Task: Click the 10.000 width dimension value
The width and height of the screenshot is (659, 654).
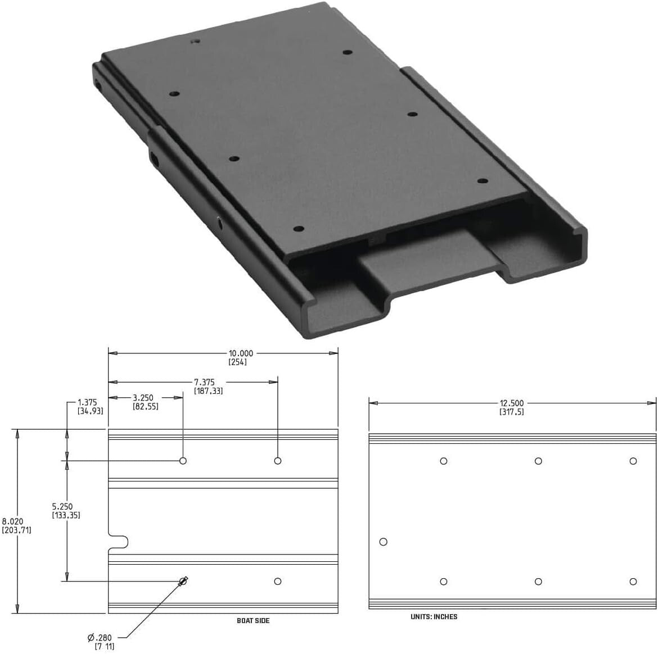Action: [x=241, y=353]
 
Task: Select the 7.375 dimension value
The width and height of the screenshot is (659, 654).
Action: [x=204, y=382]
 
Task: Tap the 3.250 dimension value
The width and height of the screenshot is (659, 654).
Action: [x=143, y=398]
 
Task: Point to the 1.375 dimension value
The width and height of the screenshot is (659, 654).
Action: [x=87, y=402]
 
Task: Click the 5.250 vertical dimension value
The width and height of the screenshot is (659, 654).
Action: [x=62, y=506]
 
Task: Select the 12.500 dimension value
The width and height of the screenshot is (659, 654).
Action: [x=512, y=403]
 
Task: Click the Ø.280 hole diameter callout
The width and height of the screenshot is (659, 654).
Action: [x=100, y=637]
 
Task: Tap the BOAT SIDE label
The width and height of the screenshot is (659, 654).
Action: [x=253, y=620]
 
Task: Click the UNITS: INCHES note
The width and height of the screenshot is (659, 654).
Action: [x=434, y=616]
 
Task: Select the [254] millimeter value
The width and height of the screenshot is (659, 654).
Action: [x=237, y=362]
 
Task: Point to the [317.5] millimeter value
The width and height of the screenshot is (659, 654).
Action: [x=512, y=412]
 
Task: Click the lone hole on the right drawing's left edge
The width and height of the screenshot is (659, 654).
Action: [x=383, y=542]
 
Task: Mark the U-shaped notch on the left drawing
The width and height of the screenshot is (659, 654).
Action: [x=119, y=542]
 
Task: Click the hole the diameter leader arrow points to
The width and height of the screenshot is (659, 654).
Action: [x=183, y=581]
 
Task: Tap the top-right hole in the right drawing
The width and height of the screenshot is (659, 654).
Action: [x=633, y=461]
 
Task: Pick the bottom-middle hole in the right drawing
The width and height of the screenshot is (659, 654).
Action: [x=538, y=582]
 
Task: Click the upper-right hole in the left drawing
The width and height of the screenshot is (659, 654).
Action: [x=278, y=461]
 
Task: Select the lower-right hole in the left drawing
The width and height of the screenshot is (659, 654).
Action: [x=278, y=581]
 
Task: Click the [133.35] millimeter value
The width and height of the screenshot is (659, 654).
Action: [x=66, y=515]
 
